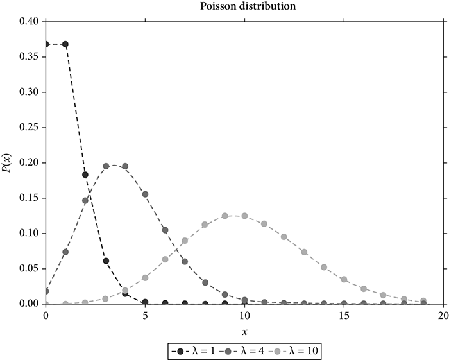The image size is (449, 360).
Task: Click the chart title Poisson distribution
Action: click(x=243, y=7)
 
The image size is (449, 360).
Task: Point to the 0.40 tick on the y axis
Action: click(x=31, y=22)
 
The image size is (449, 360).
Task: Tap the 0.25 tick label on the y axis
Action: click(x=31, y=127)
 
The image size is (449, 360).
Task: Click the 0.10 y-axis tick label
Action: click(x=31, y=233)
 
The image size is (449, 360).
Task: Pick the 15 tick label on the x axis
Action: click(x=344, y=314)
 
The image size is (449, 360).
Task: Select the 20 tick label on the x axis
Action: click(x=443, y=314)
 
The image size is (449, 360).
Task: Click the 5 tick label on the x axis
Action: click(x=145, y=314)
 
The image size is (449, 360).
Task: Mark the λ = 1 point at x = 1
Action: click(x=65, y=44)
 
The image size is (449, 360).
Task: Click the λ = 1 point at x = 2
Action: click(x=85, y=174)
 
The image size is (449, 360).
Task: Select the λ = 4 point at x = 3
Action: click(x=105, y=166)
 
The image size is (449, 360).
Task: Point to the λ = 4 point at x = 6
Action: click(x=165, y=230)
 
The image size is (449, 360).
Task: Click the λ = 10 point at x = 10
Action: click(x=244, y=216)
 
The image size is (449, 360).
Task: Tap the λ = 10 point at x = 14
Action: click(x=324, y=267)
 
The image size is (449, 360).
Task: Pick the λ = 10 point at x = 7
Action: click(x=185, y=240)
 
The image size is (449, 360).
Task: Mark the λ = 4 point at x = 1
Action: click(x=65, y=252)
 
